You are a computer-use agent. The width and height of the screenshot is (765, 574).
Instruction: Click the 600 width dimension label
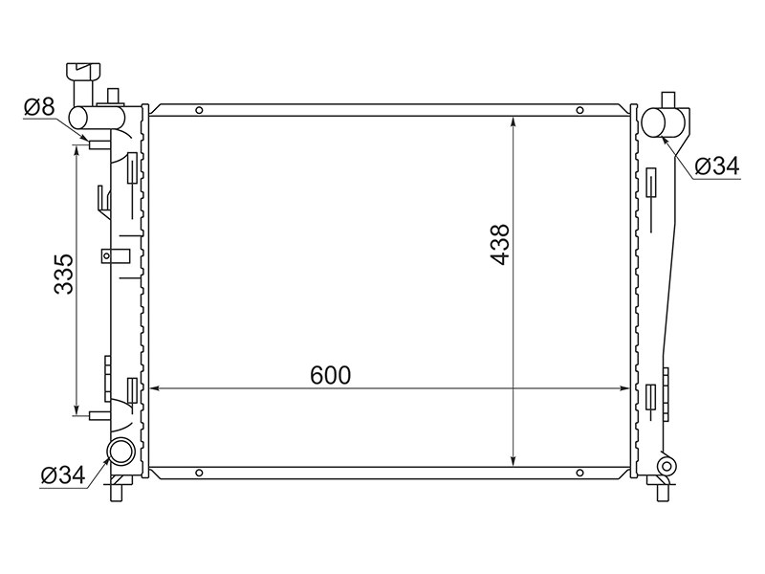click(x=330, y=375)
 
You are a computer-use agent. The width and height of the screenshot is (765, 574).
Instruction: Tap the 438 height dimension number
click(x=500, y=245)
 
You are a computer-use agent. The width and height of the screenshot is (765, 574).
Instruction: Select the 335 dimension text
click(x=63, y=274)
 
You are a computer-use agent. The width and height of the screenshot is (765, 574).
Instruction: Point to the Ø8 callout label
click(x=39, y=107)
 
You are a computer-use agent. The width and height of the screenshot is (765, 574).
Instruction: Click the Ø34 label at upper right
click(x=717, y=166)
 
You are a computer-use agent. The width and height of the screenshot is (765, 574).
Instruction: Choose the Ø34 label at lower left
click(x=63, y=475)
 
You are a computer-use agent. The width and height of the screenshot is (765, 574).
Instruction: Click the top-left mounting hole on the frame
click(x=199, y=110)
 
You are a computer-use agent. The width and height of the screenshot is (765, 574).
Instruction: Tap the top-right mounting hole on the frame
click(x=579, y=110)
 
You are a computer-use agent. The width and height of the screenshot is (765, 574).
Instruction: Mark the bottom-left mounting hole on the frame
click(x=199, y=473)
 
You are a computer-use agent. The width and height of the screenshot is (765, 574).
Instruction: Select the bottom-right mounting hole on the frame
click(x=579, y=473)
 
